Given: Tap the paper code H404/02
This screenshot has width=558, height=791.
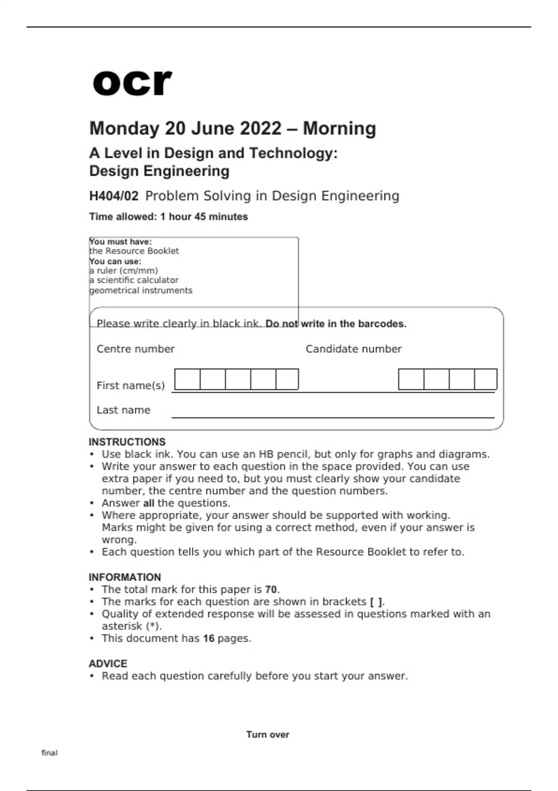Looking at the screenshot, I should tap(113, 196).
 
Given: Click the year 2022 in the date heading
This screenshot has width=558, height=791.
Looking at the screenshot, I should tap(260, 128).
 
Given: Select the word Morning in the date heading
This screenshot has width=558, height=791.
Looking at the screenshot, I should tap(339, 128).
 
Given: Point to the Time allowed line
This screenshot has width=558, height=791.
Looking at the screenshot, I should tap(168, 217).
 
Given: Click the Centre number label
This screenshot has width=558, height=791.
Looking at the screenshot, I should tap(135, 349).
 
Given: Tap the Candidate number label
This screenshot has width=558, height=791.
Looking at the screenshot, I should tap(353, 349).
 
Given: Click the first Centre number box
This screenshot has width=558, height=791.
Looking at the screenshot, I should tap(187, 379).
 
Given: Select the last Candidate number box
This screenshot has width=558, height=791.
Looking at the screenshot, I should tap(485, 379).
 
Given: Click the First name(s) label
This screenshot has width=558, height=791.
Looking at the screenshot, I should tap(131, 386).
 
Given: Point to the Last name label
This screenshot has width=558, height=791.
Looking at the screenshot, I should tap(123, 410).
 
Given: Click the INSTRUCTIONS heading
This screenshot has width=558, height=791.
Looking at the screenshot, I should tap(127, 442).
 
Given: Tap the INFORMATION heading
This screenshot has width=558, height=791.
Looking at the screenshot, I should tap(125, 577).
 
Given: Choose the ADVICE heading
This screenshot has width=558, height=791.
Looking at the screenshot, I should tap(108, 664).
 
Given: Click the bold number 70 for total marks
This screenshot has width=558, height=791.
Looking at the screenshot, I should tap(271, 590).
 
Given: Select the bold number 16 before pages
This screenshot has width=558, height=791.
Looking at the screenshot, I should tap(208, 638).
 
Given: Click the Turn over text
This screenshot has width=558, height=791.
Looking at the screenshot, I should tap(267, 735).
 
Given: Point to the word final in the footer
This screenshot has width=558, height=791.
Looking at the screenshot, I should tap(49, 753).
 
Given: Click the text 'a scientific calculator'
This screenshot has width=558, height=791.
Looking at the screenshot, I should tap(134, 280).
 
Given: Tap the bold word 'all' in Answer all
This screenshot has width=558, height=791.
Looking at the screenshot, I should tap(148, 503).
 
